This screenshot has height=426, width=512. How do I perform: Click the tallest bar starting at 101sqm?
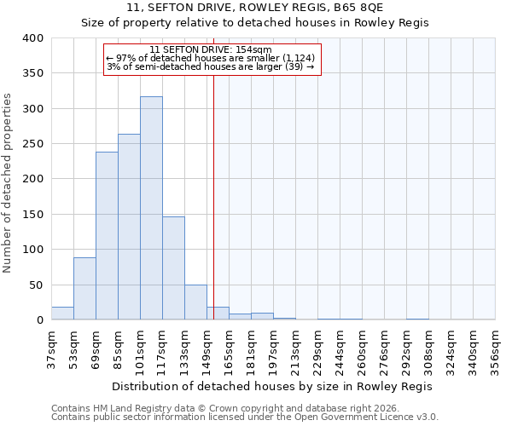coord(151,209)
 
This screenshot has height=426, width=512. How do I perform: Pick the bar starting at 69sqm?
coord(107,236)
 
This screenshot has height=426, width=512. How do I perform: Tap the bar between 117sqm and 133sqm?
coord(173,268)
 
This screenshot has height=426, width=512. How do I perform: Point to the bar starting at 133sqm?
coord(195,302)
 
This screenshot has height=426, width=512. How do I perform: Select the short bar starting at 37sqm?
coord(62,314)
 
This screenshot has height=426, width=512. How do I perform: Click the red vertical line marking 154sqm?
coord(213,196)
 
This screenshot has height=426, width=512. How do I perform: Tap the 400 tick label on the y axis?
coord(32,38)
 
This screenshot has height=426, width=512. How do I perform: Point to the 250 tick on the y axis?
coord(32,144)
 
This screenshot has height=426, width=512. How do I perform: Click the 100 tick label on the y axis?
coord(32,250)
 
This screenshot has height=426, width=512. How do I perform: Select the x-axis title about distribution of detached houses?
coord(272,386)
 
